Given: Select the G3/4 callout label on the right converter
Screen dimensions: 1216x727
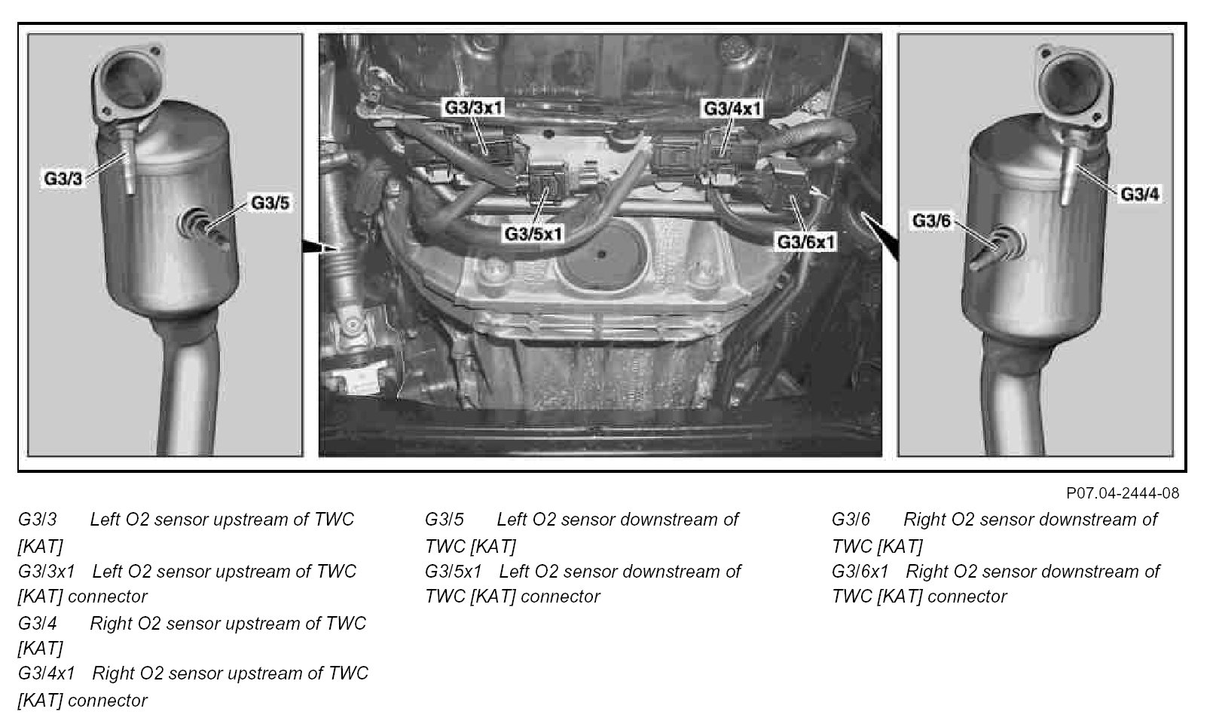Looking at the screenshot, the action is coord(1140,194).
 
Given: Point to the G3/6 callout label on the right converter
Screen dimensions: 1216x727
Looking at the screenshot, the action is coord(932,221).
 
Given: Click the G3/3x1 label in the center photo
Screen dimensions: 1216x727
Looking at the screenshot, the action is coord(473,107).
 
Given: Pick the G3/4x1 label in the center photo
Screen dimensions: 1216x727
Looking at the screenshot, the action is coord(732,109).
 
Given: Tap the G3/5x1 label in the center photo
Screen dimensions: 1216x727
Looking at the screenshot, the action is coord(534,233).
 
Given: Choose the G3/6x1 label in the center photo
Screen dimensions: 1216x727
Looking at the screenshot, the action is coord(807,242).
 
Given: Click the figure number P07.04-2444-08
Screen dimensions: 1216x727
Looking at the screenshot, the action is coord(1123,493).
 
